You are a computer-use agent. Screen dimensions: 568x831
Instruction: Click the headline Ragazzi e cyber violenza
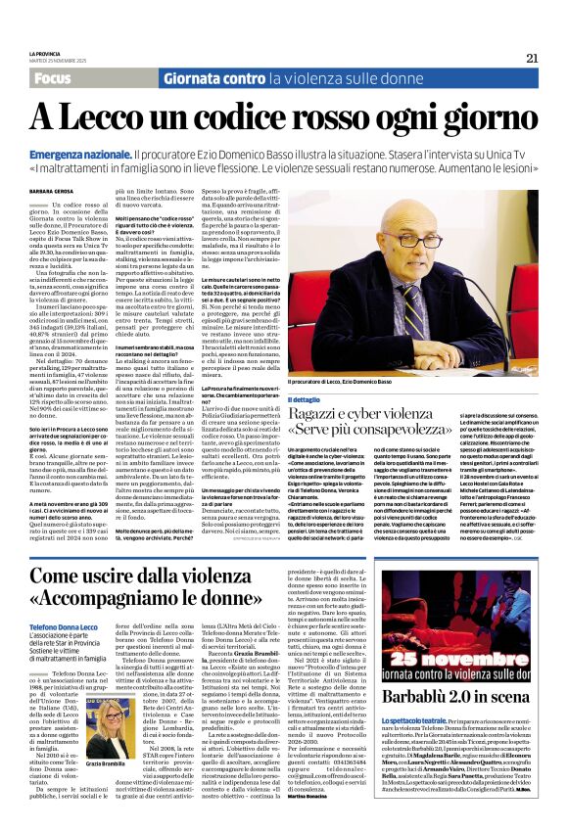(x=372, y=417)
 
